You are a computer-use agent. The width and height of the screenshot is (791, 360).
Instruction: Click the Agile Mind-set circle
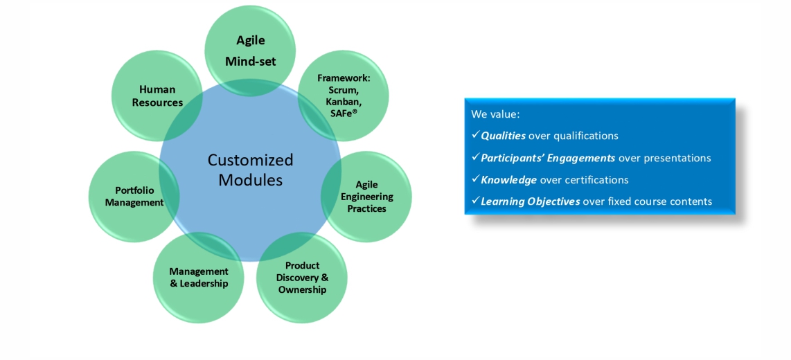point(250,51)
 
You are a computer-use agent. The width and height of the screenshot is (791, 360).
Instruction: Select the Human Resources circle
point(157,96)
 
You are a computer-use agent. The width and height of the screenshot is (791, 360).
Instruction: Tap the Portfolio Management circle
point(134,197)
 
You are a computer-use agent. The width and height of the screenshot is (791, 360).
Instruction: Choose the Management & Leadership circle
point(198,278)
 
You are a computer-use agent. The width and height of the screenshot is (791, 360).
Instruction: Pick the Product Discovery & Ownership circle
point(302,278)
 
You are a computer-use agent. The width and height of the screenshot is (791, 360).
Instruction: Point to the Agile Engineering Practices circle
point(366,197)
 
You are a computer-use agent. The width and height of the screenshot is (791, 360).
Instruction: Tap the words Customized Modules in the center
point(250,170)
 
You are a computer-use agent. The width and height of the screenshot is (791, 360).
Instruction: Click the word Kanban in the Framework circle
point(344,101)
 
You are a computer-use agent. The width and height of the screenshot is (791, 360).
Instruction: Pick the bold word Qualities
point(503,136)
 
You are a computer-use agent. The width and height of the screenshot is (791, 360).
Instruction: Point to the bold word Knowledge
point(508,179)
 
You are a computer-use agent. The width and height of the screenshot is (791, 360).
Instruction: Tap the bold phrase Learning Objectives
point(530,201)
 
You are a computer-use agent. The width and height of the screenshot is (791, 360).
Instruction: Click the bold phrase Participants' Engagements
point(548,158)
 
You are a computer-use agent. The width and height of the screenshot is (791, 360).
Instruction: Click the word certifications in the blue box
point(594,179)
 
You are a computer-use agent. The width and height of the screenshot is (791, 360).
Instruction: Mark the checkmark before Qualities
point(475,136)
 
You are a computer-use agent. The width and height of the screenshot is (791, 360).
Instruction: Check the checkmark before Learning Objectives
point(475,201)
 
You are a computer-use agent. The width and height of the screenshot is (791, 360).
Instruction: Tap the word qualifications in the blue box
point(585,136)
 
